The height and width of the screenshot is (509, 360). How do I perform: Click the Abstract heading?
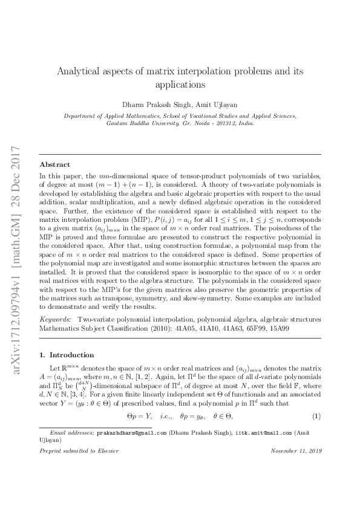point(54,164)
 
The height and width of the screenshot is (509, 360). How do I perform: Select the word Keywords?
point(54,318)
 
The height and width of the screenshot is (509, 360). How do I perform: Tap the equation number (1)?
point(316,417)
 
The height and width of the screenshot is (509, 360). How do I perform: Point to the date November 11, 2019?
point(296,468)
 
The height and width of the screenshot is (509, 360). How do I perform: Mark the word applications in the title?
point(180,85)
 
